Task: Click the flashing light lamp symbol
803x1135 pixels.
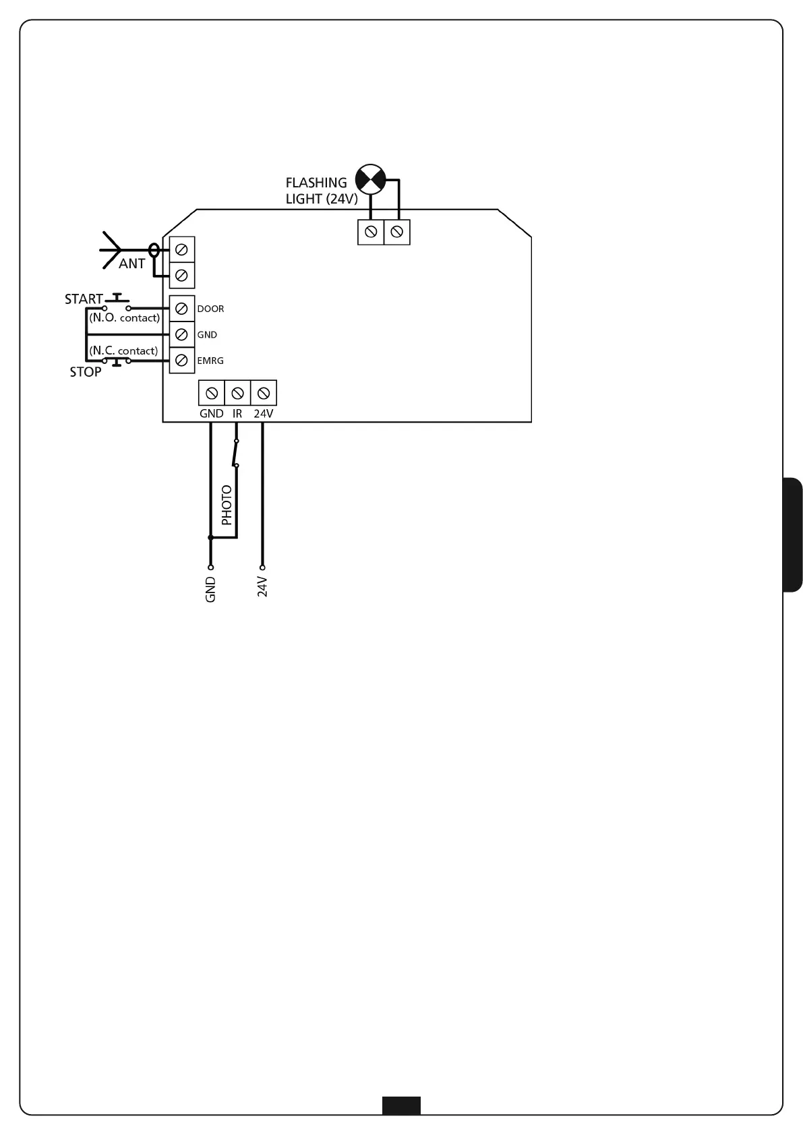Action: pyautogui.click(x=370, y=179)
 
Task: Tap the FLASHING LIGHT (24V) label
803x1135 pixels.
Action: pyautogui.click(x=321, y=191)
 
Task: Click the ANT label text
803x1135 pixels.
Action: pyautogui.click(x=131, y=264)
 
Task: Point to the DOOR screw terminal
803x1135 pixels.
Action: pyautogui.click(x=181, y=309)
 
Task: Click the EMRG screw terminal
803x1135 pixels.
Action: pyautogui.click(x=181, y=361)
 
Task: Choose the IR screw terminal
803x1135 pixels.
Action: pyautogui.click(x=237, y=393)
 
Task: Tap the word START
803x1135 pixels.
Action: pyautogui.click(x=84, y=299)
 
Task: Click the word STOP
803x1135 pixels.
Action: pyautogui.click(x=86, y=372)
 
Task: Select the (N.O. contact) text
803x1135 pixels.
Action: pyautogui.click(x=125, y=318)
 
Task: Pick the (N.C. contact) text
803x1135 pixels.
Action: pyautogui.click(x=123, y=351)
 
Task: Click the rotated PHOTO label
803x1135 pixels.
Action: pyautogui.click(x=227, y=505)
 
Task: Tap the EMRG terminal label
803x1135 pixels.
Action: pyautogui.click(x=210, y=361)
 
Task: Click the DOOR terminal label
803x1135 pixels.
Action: pyautogui.click(x=210, y=309)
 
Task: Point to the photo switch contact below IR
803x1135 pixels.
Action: pyautogui.click(x=235, y=453)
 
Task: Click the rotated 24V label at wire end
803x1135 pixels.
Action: pyautogui.click(x=263, y=587)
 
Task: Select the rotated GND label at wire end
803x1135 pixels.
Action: pyautogui.click(x=210, y=590)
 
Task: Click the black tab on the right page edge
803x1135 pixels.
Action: pyautogui.click(x=792, y=534)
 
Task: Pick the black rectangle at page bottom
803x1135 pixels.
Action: pyautogui.click(x=401, y=1105)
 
